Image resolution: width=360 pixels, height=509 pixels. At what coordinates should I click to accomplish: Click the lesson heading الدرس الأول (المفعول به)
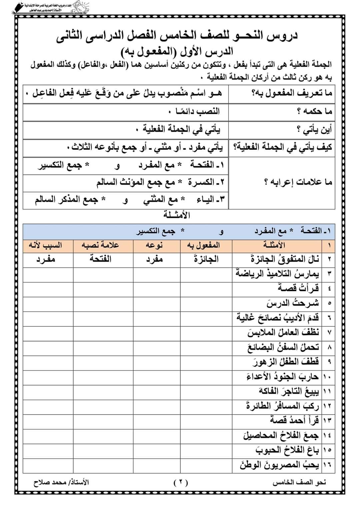pyautogui.click(x=177, y=52)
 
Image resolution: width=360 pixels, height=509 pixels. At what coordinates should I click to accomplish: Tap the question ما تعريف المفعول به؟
pyautogui.click(x=291, y=93)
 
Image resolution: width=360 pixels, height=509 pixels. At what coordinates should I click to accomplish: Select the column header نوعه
pyautogui.click(x=154, y=245)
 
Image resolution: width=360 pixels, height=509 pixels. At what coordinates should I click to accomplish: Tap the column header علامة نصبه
pyautogui.click(x=100, y=245)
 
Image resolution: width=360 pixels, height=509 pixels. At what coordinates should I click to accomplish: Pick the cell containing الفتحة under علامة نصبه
pyautogui.click(x=100, y=259)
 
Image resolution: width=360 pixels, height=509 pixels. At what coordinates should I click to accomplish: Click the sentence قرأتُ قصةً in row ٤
pyautogui.click(x=298, y=288)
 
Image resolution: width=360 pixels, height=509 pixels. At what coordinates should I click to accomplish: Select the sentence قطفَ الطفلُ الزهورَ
pyautogui.click(x=285, y=361)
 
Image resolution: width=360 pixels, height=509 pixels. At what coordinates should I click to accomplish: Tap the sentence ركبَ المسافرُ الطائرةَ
pyautogui.click(x=283, y=406)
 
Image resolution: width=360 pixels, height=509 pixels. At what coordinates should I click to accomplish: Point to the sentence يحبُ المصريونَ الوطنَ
pyautogui.click(x=279, y=464)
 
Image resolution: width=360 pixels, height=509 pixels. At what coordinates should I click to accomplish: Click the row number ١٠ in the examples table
pyautogui.click(x=326, y=376)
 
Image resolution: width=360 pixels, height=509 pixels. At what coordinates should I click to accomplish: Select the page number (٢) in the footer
pyautogui.click(x=180, y=483)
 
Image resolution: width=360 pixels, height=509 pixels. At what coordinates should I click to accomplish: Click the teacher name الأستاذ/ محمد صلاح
pyautogui.click(x=61, y=483)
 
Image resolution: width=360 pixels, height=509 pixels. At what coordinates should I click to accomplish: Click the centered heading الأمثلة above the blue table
pyautogui.click(x=177, y=215)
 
